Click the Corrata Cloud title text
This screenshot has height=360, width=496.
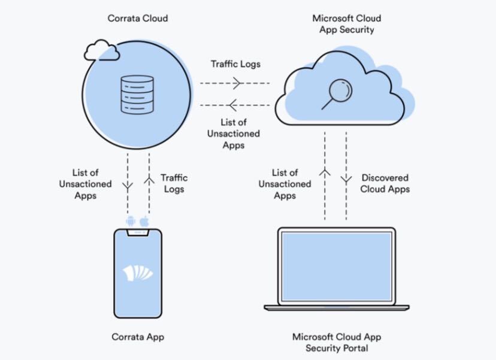(x=138, y=18)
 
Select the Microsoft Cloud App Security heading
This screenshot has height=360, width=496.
(x=346, y=23)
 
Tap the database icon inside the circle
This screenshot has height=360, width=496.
(x=138, y=94)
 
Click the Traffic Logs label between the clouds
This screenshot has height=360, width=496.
(x=235, y=63)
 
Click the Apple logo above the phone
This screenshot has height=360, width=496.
(x=144, y=222)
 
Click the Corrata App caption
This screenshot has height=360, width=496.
(x=138, y=337)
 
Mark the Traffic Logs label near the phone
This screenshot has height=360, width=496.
(x=174, y=183)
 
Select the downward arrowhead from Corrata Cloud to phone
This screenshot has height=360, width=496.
(x=128, y=186)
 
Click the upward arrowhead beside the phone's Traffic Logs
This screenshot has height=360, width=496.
(x=149, y=178)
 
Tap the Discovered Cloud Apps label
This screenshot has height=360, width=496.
(x=386, y=183)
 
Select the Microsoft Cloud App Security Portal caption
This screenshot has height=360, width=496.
(x=336, y=342)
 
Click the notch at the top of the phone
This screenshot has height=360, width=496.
(x=138, y=232)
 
